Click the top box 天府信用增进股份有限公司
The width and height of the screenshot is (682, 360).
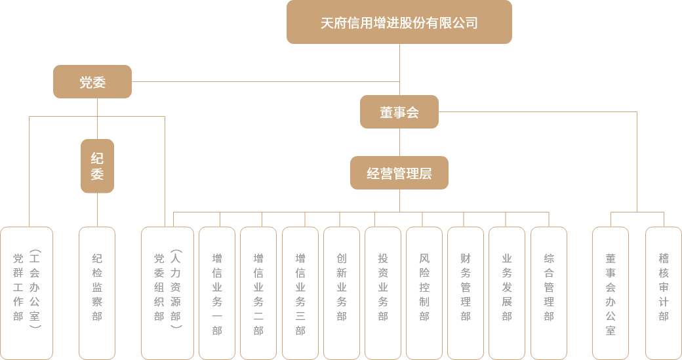399,22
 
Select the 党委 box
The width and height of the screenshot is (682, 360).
92,82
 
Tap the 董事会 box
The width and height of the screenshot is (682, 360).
399,112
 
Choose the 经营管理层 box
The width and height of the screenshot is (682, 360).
399,173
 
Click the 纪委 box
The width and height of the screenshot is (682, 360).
97,166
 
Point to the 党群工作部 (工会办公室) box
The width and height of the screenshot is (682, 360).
26,292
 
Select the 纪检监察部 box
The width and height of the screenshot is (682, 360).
97,292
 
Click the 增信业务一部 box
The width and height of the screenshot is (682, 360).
216,292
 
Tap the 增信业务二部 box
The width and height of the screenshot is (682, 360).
258,292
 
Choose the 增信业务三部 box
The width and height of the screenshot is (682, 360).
300,292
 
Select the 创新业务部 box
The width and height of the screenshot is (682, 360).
341,292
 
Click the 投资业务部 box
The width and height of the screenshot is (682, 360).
383,292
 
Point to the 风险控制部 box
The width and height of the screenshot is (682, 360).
424,292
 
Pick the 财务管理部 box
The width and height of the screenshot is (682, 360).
466,292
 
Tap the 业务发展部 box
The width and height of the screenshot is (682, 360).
506,292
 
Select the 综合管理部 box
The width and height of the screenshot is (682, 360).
548,292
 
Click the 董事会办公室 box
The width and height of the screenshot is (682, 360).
611,292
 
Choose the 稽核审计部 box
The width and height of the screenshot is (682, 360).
664,292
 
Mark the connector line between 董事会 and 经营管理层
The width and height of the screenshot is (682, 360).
399,142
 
